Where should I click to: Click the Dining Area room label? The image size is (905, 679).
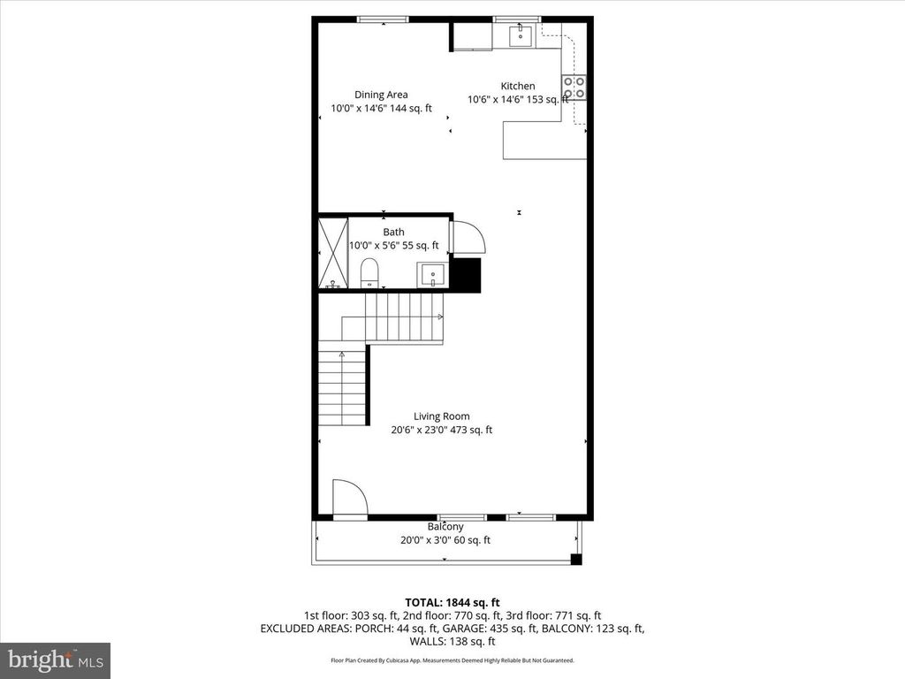click(381, 95)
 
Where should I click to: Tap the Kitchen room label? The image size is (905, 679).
click(518, 86)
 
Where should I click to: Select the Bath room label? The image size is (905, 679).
click(393, 233)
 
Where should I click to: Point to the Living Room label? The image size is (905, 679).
click(442, 416)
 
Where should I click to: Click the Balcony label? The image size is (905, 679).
click(445, 527)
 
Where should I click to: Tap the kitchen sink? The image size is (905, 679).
click(521, 35)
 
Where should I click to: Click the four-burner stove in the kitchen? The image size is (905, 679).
click(574, 88)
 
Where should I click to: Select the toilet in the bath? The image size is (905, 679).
click(369, 273)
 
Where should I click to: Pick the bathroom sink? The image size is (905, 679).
click(432, 274)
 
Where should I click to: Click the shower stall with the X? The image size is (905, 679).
click(333, 253)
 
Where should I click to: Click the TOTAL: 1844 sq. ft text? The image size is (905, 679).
click(452, 603)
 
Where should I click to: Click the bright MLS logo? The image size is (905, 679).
click(56, 660)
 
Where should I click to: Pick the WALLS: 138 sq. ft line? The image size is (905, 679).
click(452, 642)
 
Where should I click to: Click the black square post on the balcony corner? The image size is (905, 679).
click(576, 559)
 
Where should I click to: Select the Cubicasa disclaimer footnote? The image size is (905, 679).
click(452, 660)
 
